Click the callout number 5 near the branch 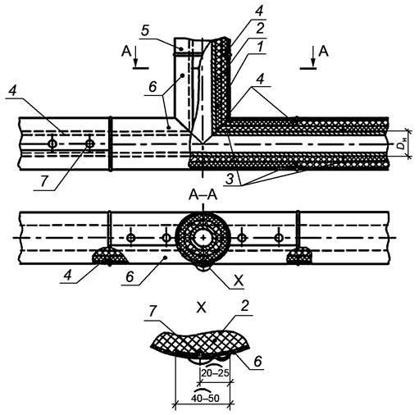coord(145,30)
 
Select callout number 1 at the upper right coord(260,47)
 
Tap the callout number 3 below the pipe coord(230,180)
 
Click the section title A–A coord(203,195)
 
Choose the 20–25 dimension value coord(215,372)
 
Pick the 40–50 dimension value coord(205,398)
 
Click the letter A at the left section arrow coord(126,51)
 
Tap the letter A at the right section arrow coord(324,51)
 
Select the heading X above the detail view coord(202,308)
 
